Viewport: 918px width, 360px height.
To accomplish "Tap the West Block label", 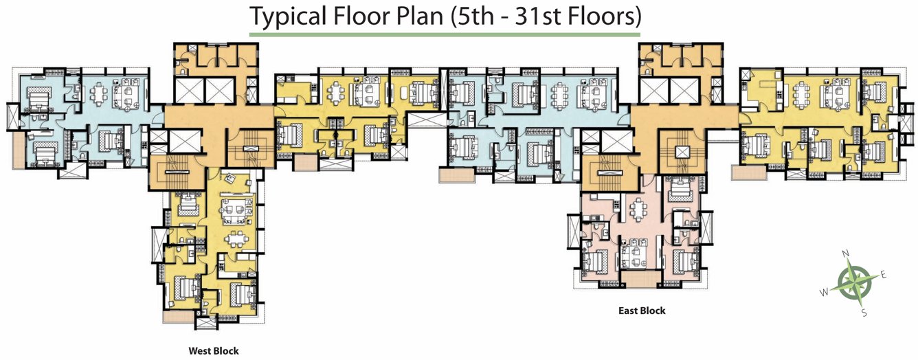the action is (x=214, y=351).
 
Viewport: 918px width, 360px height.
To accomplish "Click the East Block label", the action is (x=642, y=311).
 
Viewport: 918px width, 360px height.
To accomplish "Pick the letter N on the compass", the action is (x=845, y=253).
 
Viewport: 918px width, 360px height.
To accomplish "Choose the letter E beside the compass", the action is (x=884, y=275).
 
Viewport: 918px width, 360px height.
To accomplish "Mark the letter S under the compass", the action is (x=864, y=313).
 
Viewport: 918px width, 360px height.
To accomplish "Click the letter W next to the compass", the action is (x=824, y=292).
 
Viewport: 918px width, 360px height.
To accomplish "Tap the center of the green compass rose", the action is (x=854, y=283).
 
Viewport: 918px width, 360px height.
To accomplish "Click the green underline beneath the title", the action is (x=445, y=34).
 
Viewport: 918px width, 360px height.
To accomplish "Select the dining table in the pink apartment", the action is (x=638, y=210).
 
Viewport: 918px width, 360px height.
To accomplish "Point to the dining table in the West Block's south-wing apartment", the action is (x=236, y=239).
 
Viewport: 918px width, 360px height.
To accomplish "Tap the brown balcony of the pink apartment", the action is (x=640, y=279).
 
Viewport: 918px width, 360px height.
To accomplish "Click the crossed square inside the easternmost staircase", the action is (x=682, y=153).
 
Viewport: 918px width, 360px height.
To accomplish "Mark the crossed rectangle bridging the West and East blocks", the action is (x=427, y=120).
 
